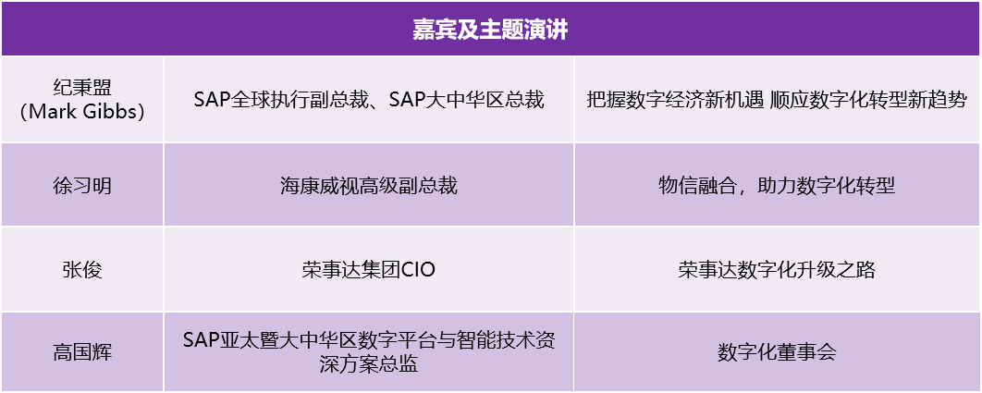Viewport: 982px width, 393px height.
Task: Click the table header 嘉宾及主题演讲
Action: tap(490, 30)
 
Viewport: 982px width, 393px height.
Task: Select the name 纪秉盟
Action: tap(81, 87)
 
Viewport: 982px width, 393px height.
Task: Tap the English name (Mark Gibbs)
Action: tap(81, 112)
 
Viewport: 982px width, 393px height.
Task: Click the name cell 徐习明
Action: tap(81, 186)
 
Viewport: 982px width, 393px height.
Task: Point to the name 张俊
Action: tap(81, 269)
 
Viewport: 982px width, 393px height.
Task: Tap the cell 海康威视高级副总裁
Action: tap(368, 186)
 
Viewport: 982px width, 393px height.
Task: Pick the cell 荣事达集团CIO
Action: tap(368, 269)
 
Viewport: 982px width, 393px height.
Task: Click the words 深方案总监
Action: tap(368, 364)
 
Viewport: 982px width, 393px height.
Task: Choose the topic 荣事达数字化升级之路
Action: tap(777, 269)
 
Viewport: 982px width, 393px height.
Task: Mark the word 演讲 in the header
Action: tap(548, 30)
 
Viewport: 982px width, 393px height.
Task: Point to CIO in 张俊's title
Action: tap(418, 269)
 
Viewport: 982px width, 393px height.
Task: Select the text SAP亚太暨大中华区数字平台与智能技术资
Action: tap(368, 341)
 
